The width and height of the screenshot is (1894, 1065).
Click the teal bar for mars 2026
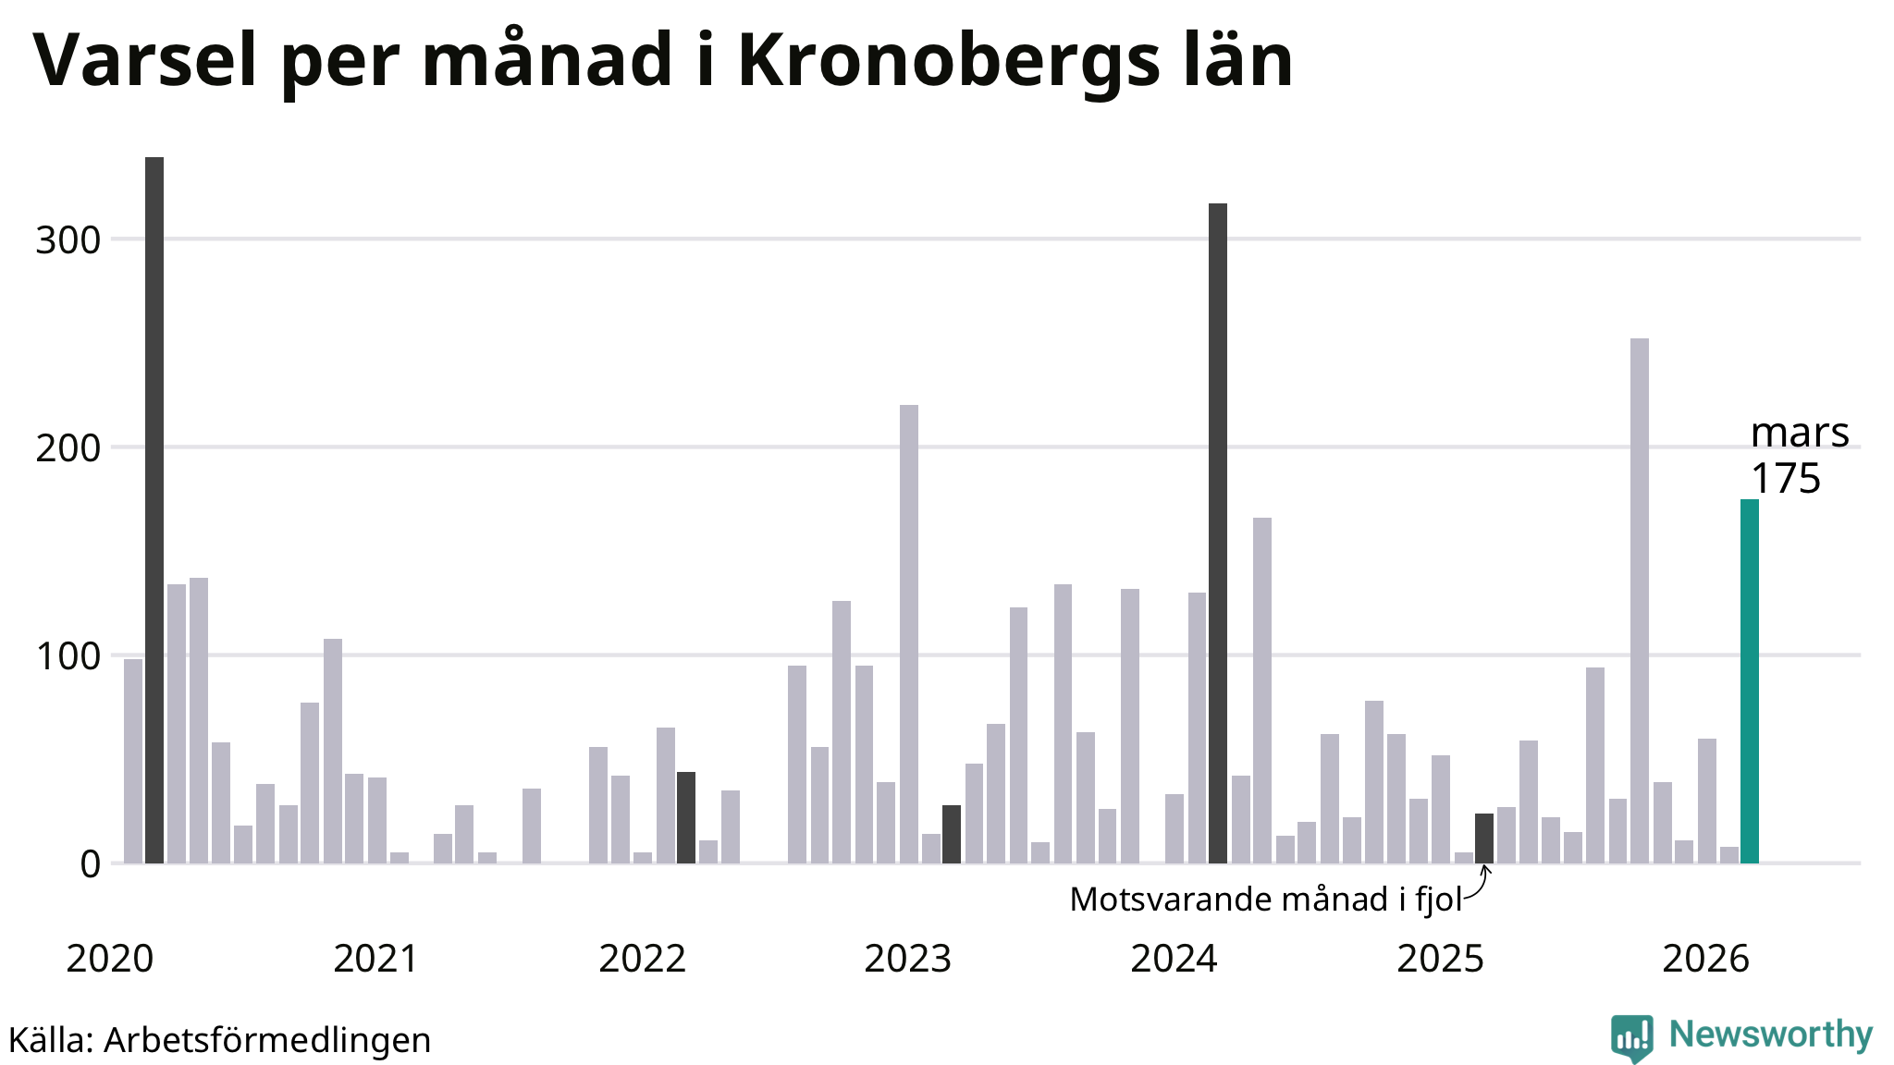[1749, 681]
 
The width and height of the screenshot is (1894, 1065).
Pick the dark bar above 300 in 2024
[1218, 533]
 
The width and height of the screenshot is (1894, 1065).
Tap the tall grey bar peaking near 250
[1639, 601]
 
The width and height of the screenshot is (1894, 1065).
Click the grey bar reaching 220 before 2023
[909, 634]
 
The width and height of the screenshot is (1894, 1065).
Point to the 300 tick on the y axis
[68, 240]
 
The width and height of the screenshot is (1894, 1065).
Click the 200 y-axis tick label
[68, 448]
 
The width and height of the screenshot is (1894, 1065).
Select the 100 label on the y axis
[68, 656]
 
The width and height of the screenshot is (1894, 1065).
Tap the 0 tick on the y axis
[90, 864]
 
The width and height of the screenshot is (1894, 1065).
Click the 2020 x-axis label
[110, 960]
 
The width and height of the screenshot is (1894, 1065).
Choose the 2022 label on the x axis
[642, 960]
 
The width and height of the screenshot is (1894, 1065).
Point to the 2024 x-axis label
[1174, 960]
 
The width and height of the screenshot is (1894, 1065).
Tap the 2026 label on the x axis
[1705, 960]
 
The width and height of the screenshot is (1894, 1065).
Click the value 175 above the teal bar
[1785, 479]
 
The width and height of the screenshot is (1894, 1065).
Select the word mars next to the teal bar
[1799, 433]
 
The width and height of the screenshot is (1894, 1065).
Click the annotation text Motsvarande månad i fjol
[1265, 900]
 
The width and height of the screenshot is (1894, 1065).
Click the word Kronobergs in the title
[948, 61]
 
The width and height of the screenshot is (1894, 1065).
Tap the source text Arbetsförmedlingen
[267, 1040]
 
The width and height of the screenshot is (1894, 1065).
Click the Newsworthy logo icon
[1631, 1037]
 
